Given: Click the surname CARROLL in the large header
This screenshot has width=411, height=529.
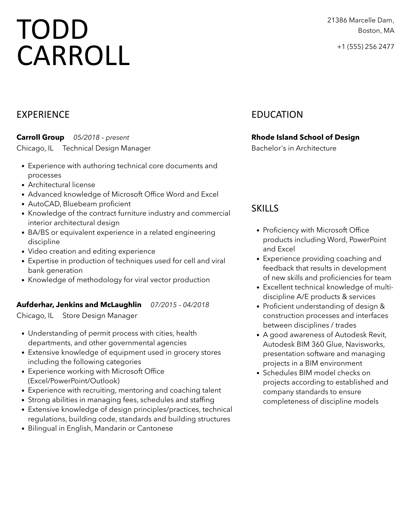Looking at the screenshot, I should (73, 56).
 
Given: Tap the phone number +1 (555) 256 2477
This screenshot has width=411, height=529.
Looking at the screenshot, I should (365, 47).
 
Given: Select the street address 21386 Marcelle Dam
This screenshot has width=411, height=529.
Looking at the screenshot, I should (360, 20).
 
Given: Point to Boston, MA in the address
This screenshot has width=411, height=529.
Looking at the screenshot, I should (376, 31).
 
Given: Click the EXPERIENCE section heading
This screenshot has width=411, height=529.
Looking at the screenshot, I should (43, 115).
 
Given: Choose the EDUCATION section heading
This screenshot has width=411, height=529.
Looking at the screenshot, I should (277, 115).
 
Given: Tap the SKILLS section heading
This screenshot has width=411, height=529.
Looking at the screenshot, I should (265, 208).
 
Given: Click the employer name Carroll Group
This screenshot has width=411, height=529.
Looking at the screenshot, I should (40, 137).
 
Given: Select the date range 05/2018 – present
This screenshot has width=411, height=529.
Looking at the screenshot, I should (101, 138).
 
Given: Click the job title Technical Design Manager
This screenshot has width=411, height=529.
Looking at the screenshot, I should (107, 148).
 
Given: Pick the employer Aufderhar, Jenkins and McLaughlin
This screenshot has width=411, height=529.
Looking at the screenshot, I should (79, 305).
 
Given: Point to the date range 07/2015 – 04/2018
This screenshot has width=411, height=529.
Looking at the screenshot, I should (180, 305).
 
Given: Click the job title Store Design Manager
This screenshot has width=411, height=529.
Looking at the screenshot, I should (100, 316).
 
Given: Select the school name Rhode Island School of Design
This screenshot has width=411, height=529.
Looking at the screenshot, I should (305, 137).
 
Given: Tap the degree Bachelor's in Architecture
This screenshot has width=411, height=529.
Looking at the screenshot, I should (294, 148).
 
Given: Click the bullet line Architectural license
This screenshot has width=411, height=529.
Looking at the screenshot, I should (61, 185).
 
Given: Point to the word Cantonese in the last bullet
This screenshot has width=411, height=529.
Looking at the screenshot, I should (155, 428).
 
